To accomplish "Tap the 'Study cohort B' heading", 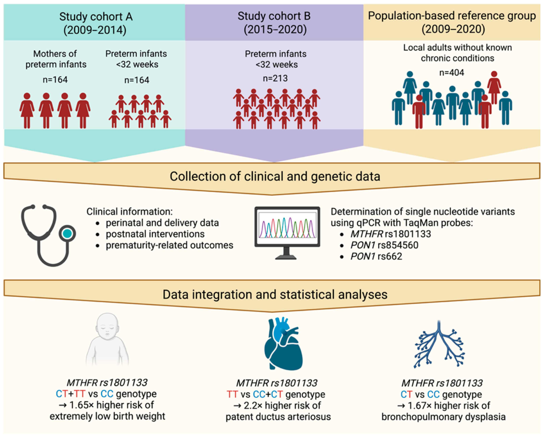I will coord(274,16).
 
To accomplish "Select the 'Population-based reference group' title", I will coord(451,16).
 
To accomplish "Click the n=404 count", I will coord(451,73).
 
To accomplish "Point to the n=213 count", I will coord(275,78).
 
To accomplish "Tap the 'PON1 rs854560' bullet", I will coord(384,245).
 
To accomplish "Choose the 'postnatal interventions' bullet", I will coord(155,234).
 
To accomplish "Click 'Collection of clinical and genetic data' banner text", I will coord(275,176).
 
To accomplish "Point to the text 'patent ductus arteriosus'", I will coord(278,417).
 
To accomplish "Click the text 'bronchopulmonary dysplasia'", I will coord(443,417).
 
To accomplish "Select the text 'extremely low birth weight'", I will coord(107,416).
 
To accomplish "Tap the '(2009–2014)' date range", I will coord(95,30).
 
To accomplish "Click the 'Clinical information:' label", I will coord(129,211).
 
